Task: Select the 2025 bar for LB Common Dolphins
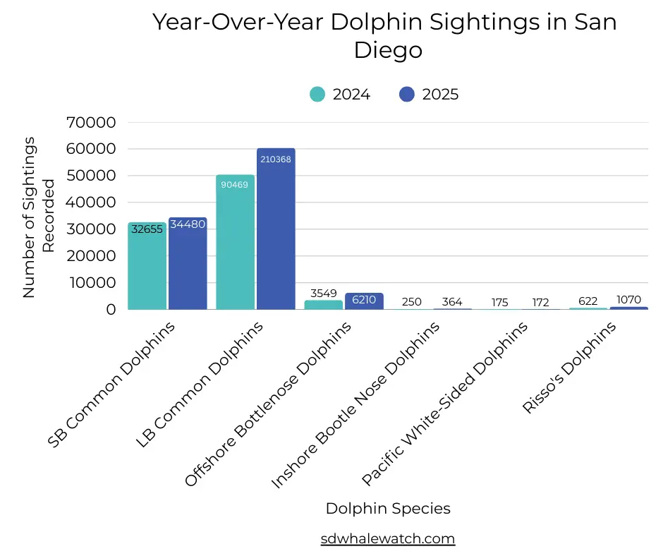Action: point(276,233)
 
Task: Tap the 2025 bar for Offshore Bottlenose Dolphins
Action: point(364,302)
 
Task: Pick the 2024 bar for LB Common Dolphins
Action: point(235,247)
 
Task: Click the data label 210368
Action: point(275,159)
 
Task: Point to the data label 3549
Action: point(323,294)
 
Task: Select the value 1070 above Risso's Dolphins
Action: point(628,299)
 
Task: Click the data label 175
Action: point(499,302)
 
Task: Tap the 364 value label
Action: point(452,302)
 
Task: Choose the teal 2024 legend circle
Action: point(317,94)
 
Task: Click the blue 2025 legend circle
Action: point(407,94)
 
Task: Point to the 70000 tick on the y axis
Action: point(90,122)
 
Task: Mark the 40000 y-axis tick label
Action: point(90,203)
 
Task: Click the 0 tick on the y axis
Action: point(111,309)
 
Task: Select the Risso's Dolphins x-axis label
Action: point(568,368)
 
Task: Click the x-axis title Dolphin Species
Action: point(388,508)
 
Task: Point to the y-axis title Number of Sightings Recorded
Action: point(39,217)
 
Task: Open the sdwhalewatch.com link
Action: point(388,538)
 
